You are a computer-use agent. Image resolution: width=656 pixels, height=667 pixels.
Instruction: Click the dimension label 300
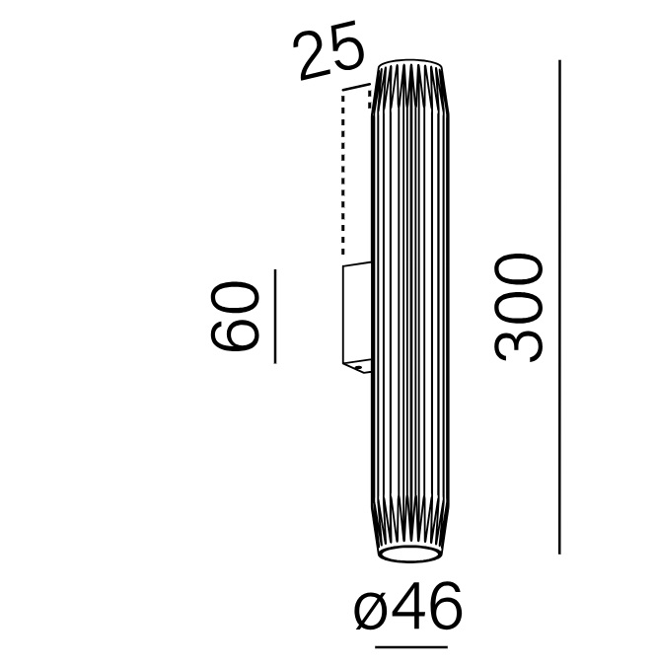(x=519, y=309)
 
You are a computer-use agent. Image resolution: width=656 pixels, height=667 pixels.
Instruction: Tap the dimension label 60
(x=235, y=316)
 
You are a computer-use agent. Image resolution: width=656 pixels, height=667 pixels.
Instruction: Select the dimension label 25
(x=329, y=56)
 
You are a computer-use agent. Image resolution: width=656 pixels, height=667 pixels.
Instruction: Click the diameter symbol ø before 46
(x=370, y=612)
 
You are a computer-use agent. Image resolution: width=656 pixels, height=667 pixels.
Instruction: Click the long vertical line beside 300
(x=559, y=307)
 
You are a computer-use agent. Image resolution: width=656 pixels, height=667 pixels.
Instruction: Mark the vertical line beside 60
(x=275, y=317)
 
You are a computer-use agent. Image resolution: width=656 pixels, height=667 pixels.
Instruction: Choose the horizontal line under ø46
(x=411, y=647)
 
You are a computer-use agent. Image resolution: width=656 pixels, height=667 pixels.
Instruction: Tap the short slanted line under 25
(x=356, y=87)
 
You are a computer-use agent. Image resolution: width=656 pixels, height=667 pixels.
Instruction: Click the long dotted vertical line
(x=343, y=174)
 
